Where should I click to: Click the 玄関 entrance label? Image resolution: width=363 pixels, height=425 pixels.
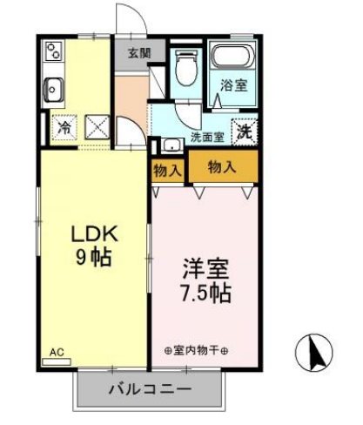point(138,52)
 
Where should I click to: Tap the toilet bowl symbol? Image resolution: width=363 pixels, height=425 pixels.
point(185,64)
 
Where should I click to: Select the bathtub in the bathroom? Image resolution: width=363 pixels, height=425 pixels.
point(233,59)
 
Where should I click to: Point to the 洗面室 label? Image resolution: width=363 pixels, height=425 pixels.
point(207,136)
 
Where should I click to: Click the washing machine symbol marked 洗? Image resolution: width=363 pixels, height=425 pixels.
point(246,132)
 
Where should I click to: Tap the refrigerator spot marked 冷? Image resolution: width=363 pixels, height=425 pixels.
point(64,127)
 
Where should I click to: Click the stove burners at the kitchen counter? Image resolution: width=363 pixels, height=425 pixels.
point(51,51)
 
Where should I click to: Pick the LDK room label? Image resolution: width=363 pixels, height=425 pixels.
point(90,234)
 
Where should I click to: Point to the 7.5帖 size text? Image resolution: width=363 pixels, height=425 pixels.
point(205,293)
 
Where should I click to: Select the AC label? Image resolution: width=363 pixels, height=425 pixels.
point(57,352)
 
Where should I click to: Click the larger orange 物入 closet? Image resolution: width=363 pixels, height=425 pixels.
point(222,165)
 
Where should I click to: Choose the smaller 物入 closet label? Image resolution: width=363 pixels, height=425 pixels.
point(166,170)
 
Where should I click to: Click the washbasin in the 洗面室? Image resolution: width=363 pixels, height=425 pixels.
point(171,145)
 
